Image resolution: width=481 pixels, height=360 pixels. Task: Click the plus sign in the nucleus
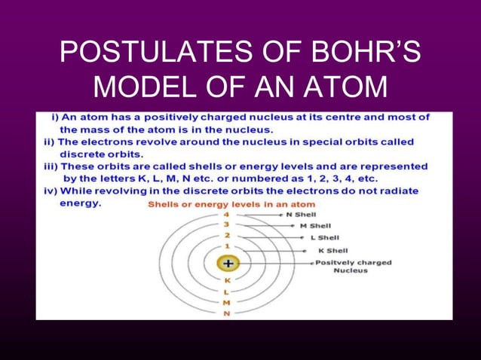[228, 264]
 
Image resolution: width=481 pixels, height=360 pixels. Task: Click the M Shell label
[314, 226]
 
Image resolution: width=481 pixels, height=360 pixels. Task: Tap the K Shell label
[332, 250]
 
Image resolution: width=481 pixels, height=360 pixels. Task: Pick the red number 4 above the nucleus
[227, 215]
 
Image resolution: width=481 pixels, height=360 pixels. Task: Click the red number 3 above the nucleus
[227, 224]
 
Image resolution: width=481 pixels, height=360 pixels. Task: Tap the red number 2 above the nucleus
[227, 235]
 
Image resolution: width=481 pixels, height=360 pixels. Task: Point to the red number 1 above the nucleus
[227, 246]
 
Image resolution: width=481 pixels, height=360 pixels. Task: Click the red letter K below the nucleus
[227, 281]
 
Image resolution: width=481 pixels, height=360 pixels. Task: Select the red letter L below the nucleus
[227, 291]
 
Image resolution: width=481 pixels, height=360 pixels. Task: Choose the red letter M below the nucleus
[227, 303]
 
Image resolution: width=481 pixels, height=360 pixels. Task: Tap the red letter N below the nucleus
[227, 313]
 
